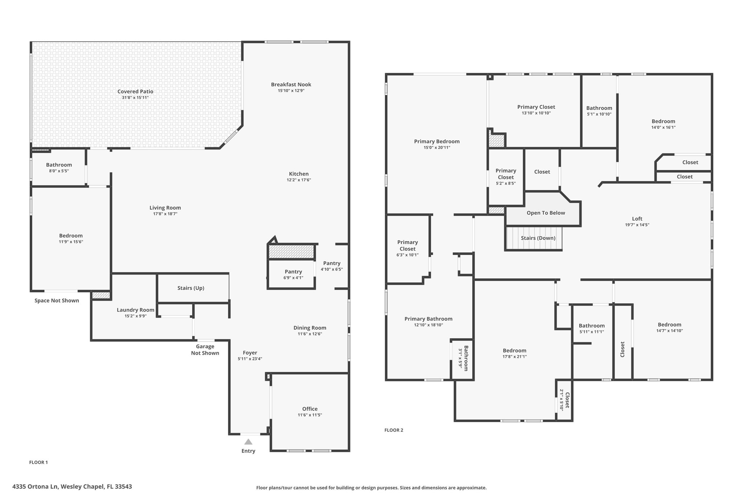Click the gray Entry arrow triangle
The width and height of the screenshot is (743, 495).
pos(248,442)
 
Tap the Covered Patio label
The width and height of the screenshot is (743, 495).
pos(135,91)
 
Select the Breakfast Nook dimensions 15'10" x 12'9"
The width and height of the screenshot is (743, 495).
pos(291,91)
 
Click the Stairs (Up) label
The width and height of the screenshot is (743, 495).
pos(191,288)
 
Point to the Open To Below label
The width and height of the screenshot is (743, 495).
pos(546,213)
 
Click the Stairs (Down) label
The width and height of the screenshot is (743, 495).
pos(538,238)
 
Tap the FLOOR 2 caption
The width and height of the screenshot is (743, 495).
pos(394,430)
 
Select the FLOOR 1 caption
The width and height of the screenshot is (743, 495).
pos(38,462)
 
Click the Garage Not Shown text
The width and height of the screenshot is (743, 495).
pos(205,350)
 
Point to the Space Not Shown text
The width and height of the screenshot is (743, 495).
pos(57,300)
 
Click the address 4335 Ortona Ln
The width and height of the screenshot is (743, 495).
pos(35,487)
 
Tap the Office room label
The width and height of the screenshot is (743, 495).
pos(310,409)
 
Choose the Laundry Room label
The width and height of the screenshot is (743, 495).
pos(135,310)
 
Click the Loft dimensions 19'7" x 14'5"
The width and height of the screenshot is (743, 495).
pos(637,225)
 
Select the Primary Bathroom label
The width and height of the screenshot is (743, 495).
pos(428,319)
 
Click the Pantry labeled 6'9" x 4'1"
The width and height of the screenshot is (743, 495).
pos(293,272)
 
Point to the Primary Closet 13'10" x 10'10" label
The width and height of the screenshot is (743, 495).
pos(536,107)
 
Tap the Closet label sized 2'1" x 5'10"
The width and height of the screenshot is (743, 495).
pos(567,400)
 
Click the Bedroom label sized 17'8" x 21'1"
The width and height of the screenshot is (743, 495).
pos(514,350)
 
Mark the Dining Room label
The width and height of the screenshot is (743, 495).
pos(310,328)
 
